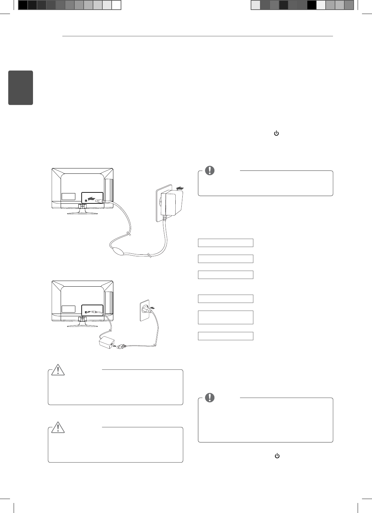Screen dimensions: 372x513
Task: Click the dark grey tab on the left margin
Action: [x=21, y=88]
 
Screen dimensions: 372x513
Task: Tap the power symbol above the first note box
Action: [x=276, y=133]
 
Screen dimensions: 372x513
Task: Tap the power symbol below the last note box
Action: [x=277, y=456]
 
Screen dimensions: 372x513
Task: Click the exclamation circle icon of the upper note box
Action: [x=210, y=170]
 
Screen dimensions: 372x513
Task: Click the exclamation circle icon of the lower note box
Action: [x=210, y=397]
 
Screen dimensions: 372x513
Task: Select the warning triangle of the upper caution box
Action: [x=58, y=370]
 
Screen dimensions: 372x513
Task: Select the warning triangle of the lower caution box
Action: [x=58, y=427]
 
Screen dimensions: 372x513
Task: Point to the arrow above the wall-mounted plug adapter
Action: [x=180, y=188]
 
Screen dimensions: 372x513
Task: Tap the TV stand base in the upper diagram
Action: [x=82, y=213]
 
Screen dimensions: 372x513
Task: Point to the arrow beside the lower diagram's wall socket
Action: [x=153, y=308]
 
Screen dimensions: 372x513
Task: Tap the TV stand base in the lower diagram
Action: [x=82, y=326]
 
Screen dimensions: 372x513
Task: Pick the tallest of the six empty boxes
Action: [x=226, y=317]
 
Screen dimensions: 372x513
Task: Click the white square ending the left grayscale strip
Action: [x=116, y=5]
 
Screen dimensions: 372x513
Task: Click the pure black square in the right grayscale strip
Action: [x=311, y=5]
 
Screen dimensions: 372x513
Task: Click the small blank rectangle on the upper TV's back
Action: [x=68, y=196]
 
